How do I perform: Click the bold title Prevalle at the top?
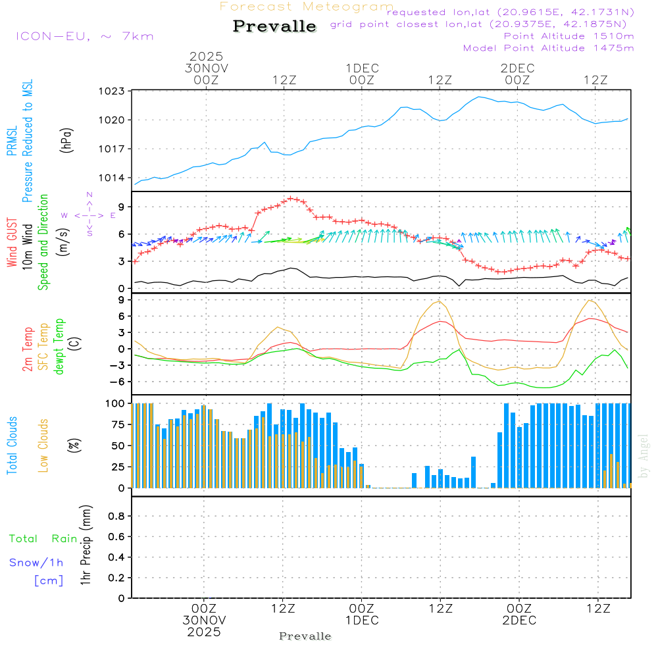tap(274, 27)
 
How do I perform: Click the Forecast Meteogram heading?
tap(306, 7)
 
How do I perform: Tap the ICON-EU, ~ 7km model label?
tap(84, 36)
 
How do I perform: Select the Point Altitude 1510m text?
tap(569, 36)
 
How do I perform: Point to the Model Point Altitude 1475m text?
tap(548, 48)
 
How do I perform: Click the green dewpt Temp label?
tap(59, 347)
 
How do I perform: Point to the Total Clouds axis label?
tap(12, 445)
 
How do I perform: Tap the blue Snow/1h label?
tap(36, 563)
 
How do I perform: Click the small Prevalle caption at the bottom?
tap(305, 636)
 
